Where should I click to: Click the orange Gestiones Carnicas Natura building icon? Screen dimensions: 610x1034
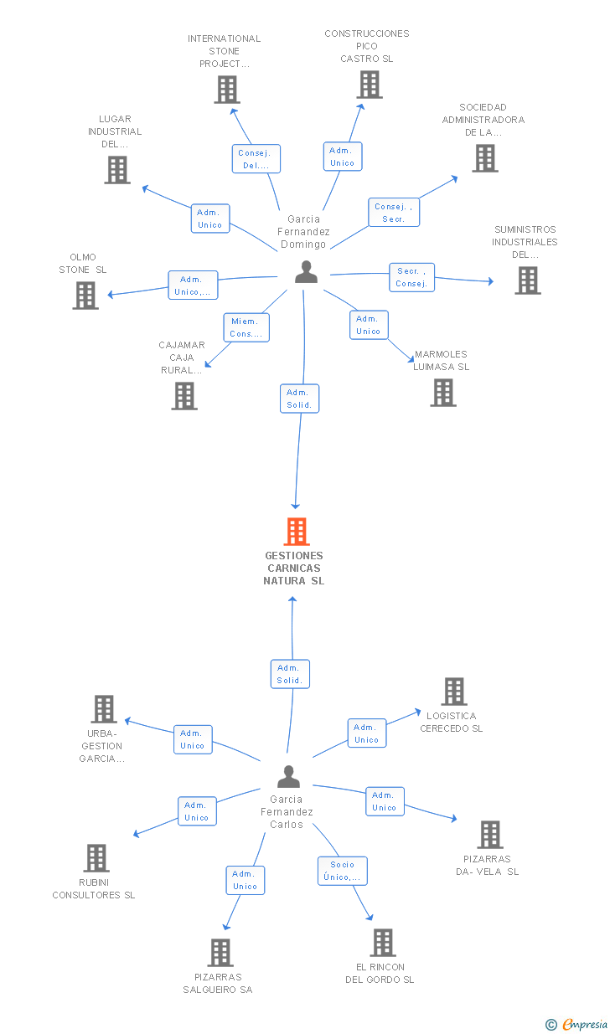tap(297, 532)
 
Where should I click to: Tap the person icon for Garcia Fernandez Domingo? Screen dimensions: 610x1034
tap(307, 271)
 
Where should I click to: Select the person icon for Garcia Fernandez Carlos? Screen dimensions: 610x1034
tap(289, 776)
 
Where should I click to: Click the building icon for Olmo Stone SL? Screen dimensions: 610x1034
tap(85, 296)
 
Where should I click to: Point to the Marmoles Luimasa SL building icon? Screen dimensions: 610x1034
tap(443, 393)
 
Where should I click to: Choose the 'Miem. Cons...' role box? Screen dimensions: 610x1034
tap(246, 327)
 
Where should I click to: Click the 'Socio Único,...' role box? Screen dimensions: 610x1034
tap(343, 871)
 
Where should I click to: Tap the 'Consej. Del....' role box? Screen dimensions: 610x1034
tap(256, 159)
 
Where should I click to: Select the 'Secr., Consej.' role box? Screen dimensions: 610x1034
tap(411, 277)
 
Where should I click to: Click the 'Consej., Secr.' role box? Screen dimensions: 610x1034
tap(394, 213)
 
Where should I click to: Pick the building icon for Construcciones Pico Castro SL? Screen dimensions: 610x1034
tap(370, 85)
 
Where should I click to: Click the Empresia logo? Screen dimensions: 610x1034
tap(576, 1025)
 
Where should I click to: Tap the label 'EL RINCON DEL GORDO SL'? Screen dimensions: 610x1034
tap(380, 973)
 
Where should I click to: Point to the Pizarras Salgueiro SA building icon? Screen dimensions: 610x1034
tap(220, 953)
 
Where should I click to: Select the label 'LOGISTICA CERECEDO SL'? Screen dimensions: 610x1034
tap(452, 722)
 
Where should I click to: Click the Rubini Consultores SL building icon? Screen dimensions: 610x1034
tap(96, 858)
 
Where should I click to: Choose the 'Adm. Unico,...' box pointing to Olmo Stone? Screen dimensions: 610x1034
tap(193, 286)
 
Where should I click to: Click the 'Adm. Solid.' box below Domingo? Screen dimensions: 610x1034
tap(299, 399)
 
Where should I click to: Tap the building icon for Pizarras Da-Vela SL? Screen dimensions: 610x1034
tap(490, 835)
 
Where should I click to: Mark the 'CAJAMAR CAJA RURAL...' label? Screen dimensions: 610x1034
tap(182, 358)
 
